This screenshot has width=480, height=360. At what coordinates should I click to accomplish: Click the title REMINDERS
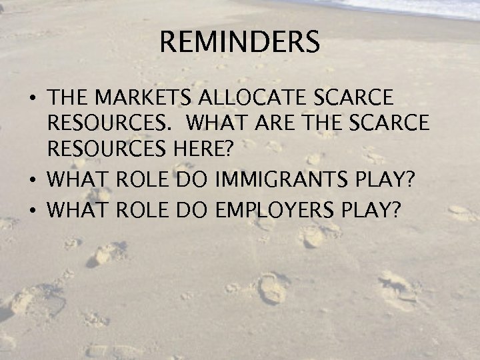tap(240, 43)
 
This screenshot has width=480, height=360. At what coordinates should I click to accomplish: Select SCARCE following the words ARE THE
tap(388, 125)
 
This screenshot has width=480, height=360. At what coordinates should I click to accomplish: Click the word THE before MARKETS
tap(69, 99)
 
